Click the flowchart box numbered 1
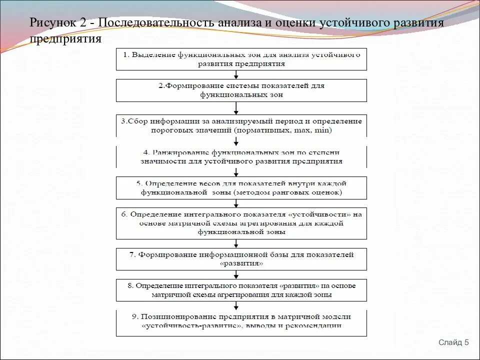coord(241,59)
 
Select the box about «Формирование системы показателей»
coord(241,90)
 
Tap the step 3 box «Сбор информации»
coord(241,125)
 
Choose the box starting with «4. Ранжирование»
coord(241,156)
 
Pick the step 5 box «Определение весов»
coord(241,187)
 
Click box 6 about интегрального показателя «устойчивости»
coord(241,223)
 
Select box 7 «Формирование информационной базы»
coord(241,259)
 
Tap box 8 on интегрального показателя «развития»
coord(241,290)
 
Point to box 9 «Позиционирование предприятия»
coord(241,321)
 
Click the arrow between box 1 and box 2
coord(236,74)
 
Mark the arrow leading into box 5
coord(236,171)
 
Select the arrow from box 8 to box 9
coord(236,305)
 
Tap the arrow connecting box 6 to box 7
coord(236,243)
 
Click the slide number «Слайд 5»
coord(453,342)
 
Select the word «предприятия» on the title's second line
coord(65,39)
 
